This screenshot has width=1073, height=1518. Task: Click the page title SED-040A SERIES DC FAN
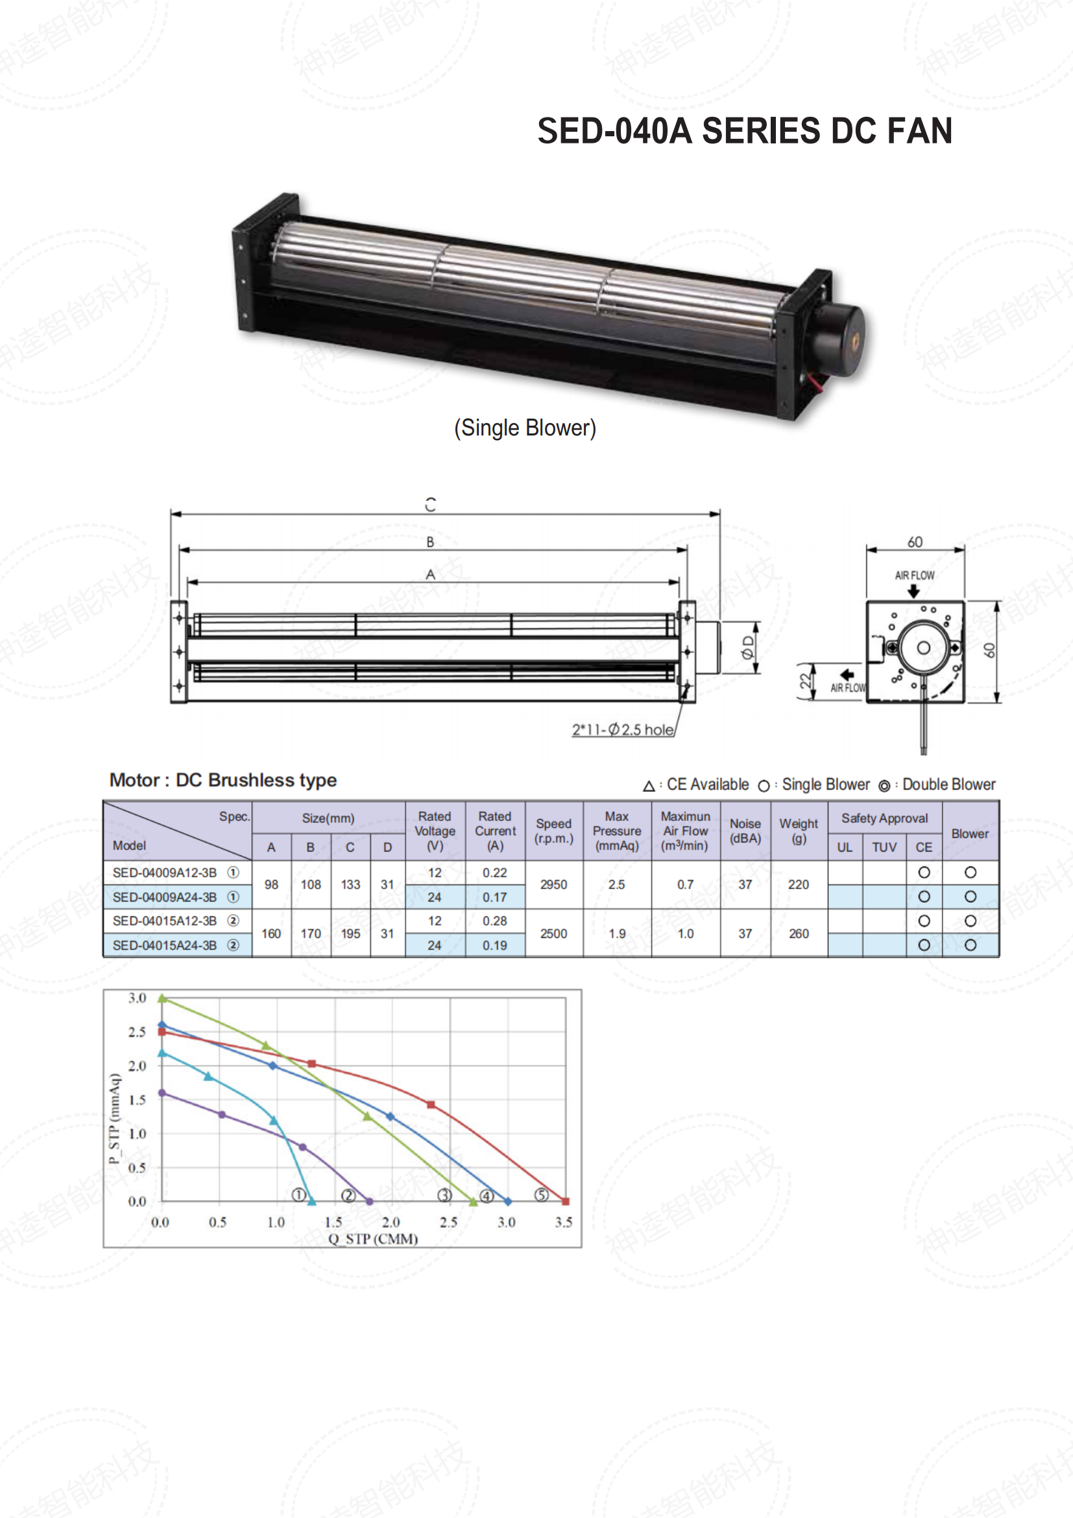coord(745,130)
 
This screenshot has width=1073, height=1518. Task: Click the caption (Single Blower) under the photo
coord(525,428)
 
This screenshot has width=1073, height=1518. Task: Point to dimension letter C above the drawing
coord(431,504)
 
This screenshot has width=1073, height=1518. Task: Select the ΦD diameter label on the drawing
coord(748,647)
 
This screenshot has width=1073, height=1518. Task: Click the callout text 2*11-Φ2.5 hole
coord(623,730)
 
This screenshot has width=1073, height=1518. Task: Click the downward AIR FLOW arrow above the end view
coord(914,591)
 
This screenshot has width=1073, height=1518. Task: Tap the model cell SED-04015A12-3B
coord(165,921)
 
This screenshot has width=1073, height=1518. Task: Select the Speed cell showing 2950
coord(553,885)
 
